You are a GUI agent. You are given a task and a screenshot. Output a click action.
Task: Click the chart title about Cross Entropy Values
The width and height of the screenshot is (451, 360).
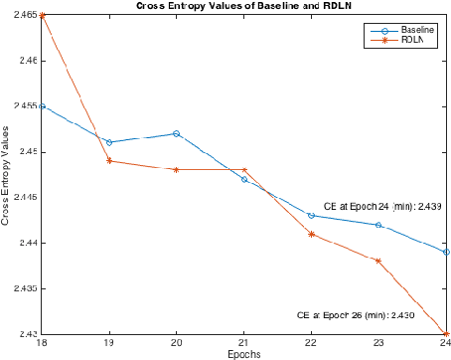click(x=243, y=6)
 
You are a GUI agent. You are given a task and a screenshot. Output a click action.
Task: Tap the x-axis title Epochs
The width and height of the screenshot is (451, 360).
click(x=244, y=354)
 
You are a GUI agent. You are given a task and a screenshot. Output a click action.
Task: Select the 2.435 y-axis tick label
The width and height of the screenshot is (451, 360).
click(x=20, y=288)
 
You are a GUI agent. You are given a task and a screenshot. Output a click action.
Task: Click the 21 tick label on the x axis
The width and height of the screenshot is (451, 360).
click(x=244, y=344)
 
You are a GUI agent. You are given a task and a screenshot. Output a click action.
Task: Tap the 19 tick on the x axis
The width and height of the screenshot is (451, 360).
click(x=109, y=344)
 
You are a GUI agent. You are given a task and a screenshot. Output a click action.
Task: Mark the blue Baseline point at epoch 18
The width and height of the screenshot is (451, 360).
click(x=42, y=106)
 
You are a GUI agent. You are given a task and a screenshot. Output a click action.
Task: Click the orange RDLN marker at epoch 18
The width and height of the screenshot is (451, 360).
click(x=42, y=15)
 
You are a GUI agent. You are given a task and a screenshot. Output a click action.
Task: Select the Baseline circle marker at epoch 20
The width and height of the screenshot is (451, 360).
click(x=177, y=133)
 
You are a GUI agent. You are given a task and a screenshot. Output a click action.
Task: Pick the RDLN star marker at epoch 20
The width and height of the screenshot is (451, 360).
click(x=177, y=170)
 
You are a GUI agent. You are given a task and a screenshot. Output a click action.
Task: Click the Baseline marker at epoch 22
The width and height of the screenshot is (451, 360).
click(x=312, y=216)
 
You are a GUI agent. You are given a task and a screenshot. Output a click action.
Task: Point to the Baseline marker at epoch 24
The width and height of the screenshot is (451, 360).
click(x=447, y=253)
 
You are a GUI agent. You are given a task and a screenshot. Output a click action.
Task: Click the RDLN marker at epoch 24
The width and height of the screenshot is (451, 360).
click(x=447, y=334)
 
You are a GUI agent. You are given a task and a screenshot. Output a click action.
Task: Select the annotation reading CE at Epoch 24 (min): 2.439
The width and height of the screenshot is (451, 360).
click(x=389, y=206)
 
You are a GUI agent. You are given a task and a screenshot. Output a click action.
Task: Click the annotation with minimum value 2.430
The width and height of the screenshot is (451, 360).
click(x=356, y=315)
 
